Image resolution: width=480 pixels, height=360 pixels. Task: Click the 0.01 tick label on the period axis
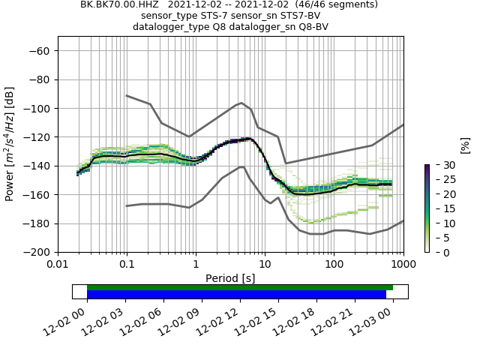coord(58,265)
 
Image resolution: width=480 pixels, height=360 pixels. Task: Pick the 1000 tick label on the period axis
coord(403,265)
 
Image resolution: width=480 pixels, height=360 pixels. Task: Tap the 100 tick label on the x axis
coord(334,265)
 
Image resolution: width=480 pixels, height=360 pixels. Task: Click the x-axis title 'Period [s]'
coord(230,278)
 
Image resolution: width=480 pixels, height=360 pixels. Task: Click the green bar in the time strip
coord(240,287)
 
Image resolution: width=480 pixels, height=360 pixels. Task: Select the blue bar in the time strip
coord(236,295)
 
